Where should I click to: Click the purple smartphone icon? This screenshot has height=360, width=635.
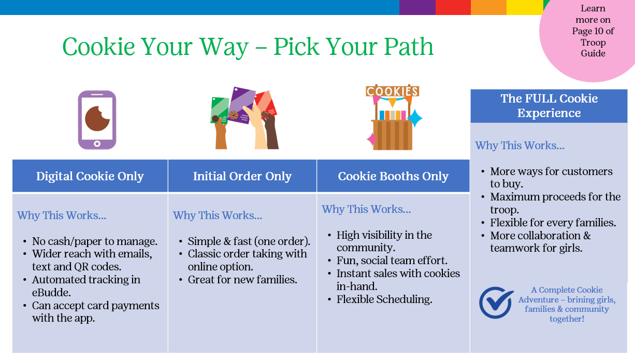tap(97, 120)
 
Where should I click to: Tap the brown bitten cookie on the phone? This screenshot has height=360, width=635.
tap(97, 119)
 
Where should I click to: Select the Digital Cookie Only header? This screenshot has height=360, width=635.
tap(90, 176)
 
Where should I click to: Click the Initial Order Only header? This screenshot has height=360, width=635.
tap(242, 176)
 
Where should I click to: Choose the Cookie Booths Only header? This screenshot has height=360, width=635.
tap(393, 176)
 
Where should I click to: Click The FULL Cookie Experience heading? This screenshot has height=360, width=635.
tap(549, 106)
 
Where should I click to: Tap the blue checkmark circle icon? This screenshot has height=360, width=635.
tap(496, 303)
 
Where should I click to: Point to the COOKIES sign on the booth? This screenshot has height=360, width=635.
tap(392, 91)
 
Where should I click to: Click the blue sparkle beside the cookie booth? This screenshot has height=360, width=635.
tap(415, 118)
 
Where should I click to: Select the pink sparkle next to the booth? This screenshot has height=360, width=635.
tap(372, 139)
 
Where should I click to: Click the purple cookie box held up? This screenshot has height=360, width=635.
tap(242, 105)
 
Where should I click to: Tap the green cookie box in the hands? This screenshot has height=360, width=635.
tap(220, 110)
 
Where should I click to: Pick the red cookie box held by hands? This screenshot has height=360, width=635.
tap(266, 103)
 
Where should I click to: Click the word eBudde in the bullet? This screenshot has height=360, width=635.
tap(51, 293)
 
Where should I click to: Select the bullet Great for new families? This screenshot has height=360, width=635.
tap(242, 280)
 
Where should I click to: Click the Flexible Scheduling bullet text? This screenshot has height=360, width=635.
tap(384, 299)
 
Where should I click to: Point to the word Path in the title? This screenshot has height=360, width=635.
tap(409, 47)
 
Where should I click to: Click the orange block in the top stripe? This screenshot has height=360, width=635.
tap(488, 7)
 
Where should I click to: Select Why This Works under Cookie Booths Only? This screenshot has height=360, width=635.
tap(366, 209)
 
